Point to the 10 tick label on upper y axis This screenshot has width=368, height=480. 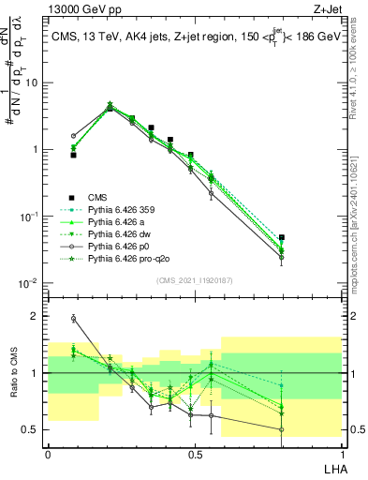click(x=30, y=82)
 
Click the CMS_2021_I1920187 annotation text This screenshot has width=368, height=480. click(x=193, y=279)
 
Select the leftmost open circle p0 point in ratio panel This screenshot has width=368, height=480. click(x=73, y=319)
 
